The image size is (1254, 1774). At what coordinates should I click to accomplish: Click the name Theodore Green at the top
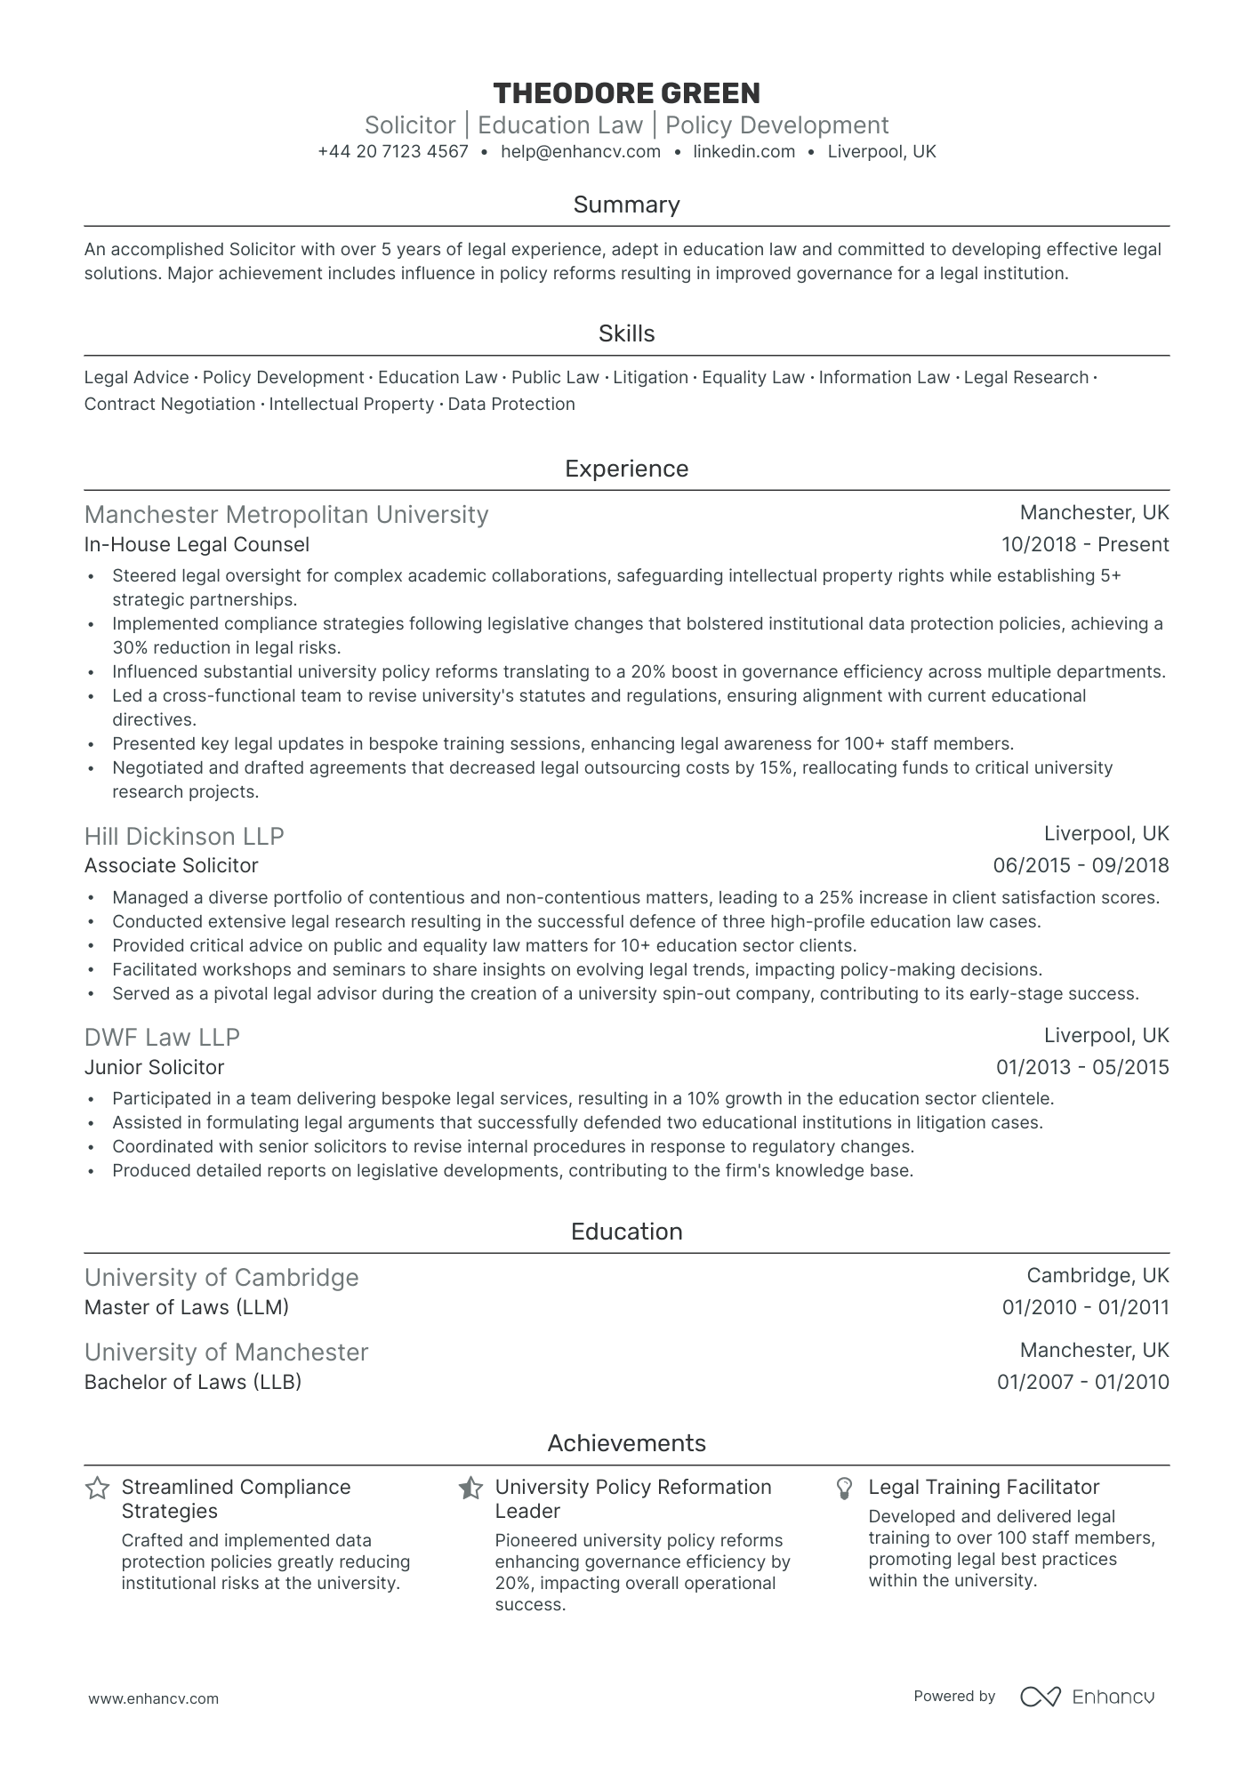[626, 93]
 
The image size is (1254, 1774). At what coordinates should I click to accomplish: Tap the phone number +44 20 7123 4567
[392, 151]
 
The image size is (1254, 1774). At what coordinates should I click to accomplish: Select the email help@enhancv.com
[580, 151]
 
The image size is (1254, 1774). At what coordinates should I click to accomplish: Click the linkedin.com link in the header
[744, 151]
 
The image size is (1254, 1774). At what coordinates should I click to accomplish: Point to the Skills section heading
[626, 333]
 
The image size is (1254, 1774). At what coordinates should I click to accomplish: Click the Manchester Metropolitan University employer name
[285, 515]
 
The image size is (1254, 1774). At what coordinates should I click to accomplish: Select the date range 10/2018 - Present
[1084, 544]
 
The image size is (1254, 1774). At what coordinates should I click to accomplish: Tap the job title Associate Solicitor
[171, 865]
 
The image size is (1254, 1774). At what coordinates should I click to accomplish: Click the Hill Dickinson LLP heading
[184, 836]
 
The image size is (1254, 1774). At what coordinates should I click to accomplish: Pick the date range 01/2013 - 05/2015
[1081, 1067]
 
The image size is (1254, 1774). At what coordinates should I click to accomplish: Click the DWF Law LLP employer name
[162, 1038]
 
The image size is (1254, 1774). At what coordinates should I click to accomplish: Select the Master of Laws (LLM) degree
[186, 1307]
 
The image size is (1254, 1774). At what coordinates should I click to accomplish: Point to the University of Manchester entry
[226, 1353]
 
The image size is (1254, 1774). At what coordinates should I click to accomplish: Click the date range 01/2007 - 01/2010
[1082, 1382]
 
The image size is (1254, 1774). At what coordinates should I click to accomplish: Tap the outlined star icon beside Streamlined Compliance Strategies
[97, 1489]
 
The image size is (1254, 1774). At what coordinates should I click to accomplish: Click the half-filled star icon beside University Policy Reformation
[470, 1489]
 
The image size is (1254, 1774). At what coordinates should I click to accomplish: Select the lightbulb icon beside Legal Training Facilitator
[845, 1489]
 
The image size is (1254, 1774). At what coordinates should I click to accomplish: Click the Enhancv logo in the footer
[1087, 1697]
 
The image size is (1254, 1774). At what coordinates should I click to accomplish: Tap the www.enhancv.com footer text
[153, 1698]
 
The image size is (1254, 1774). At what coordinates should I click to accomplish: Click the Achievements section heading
[626, 1443]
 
